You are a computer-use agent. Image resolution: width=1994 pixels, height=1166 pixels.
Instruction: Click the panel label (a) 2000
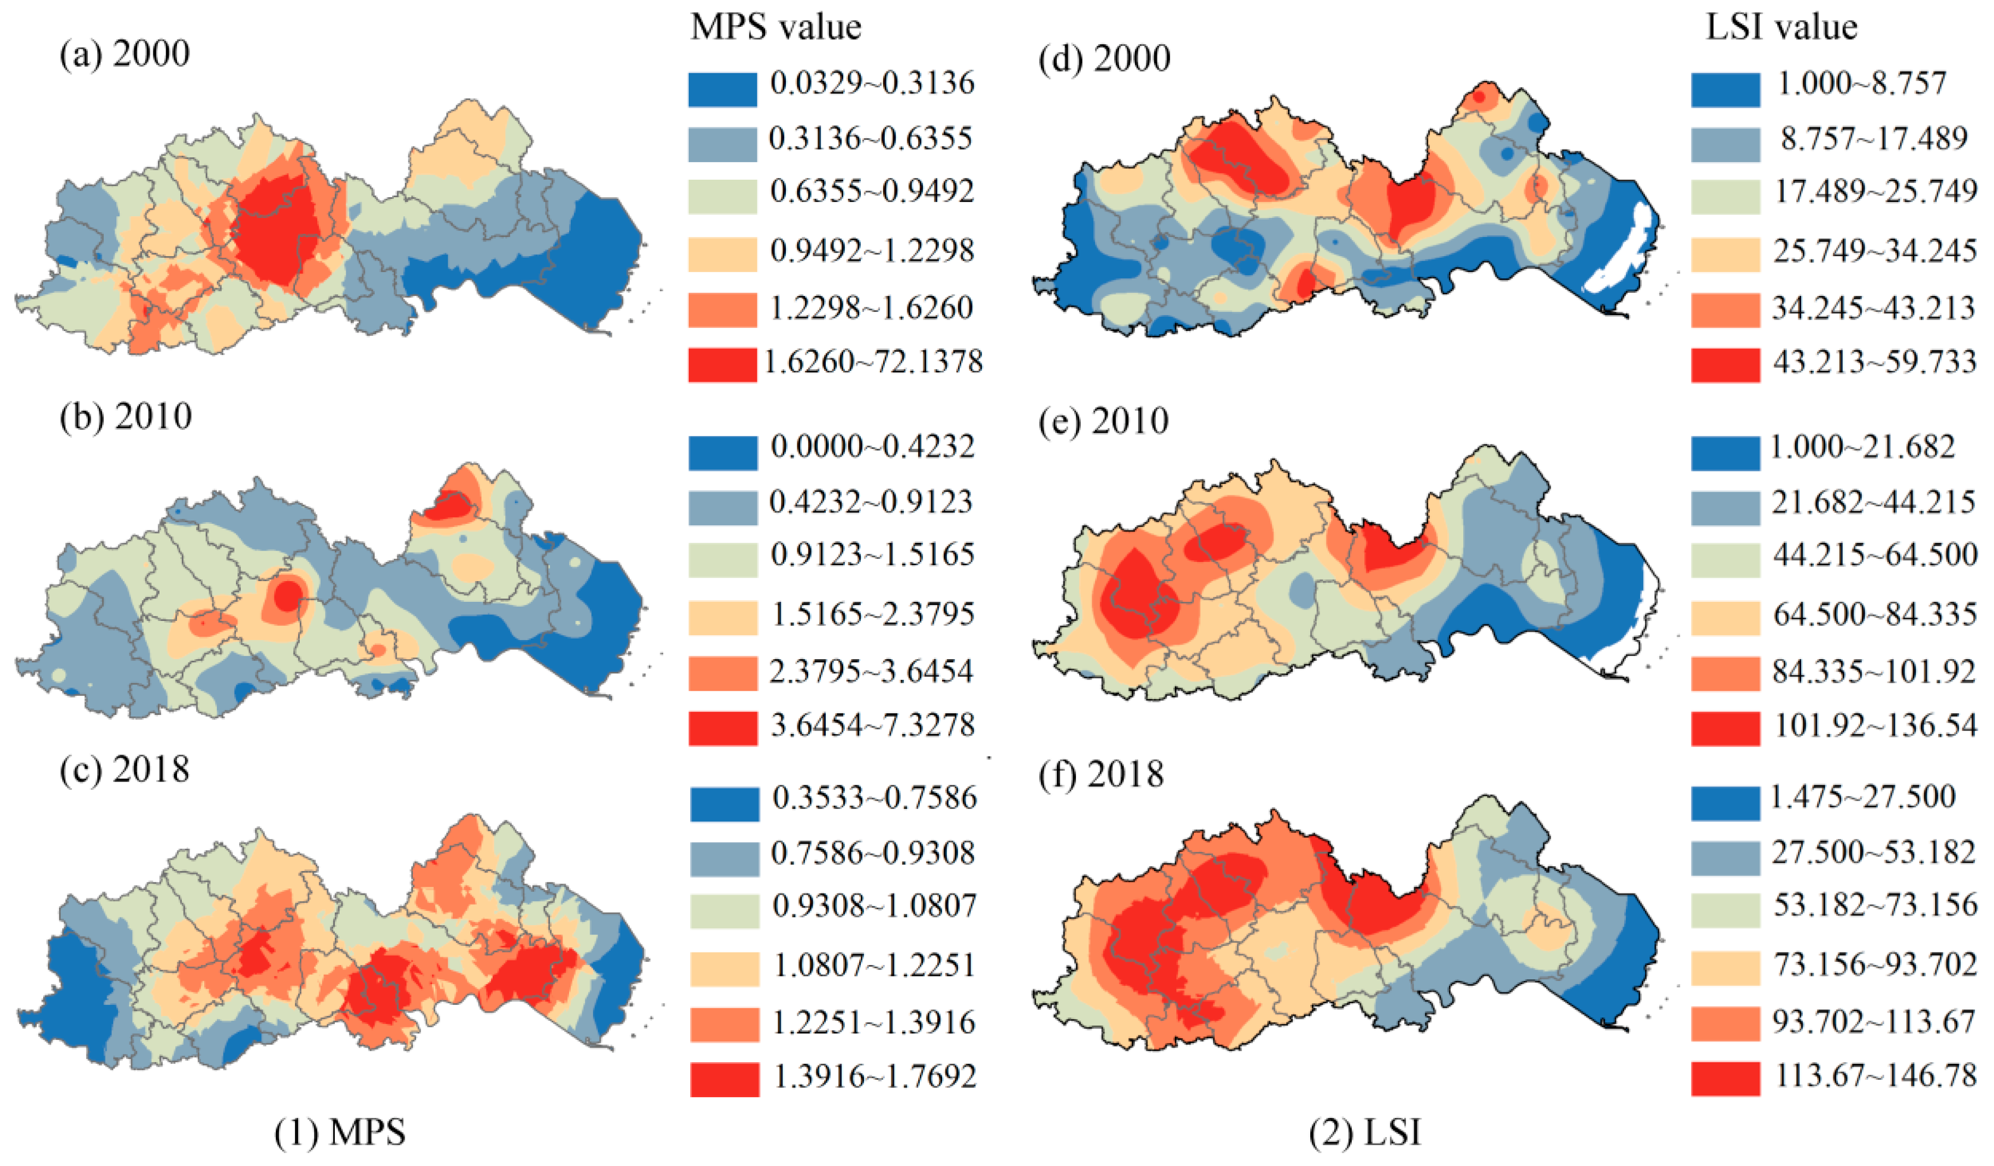(x=125, y=54)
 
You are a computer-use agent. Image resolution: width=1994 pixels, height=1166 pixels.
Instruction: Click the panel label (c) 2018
(x=125, y=769)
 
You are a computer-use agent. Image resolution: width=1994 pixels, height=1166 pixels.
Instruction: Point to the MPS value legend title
(x=776, y=27)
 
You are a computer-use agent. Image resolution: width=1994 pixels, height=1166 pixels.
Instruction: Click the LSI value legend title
(x=1780, y=27)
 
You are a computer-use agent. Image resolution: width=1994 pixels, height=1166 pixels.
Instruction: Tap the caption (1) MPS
(x=340, y=1133)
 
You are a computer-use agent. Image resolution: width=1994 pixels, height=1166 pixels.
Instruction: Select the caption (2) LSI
(x=1365, y=1133)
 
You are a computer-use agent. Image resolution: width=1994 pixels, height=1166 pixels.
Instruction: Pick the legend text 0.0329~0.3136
(x=872, y=82)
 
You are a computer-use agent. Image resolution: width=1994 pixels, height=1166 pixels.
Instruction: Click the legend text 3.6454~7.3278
(x=872, y=725)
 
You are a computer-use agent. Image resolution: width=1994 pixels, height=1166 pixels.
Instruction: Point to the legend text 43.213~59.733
(x=1874, y=362)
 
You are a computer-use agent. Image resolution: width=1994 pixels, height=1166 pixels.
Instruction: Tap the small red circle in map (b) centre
(x=288, y=595)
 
